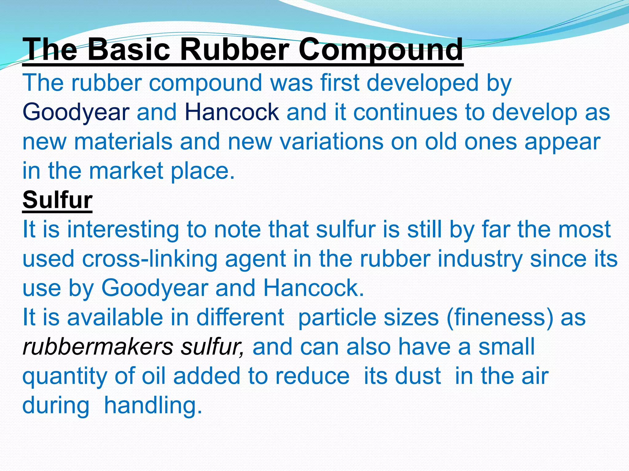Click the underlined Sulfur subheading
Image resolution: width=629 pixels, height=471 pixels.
(x=57, y=200)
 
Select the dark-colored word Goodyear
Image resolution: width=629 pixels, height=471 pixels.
(x=76, y=113)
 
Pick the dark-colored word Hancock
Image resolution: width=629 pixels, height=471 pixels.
(x=232, y=112)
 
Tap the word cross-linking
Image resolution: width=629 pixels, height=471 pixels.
(x=150, y=259)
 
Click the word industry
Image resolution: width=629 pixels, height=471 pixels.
(x=480, y=259)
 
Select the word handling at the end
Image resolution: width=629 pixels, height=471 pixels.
(x=153, y=405)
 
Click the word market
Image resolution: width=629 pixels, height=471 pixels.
(x=126, y=171)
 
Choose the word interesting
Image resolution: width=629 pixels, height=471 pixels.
(x=123, y=230)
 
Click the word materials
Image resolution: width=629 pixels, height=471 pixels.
(x=123, y=142)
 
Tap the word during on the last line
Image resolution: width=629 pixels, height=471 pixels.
(x=56, y=405)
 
